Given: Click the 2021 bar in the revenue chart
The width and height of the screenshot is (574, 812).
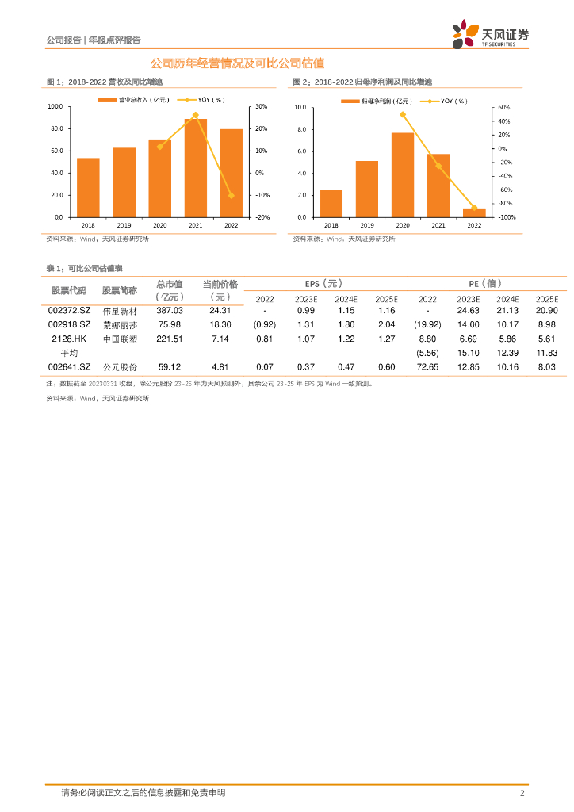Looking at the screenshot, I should (196, 168).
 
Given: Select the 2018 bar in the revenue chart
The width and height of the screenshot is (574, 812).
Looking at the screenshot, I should (88, 187).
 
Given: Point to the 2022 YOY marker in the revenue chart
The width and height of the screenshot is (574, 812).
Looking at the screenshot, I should (232, 195).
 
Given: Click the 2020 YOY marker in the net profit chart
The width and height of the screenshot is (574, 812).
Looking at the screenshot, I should (403, 114).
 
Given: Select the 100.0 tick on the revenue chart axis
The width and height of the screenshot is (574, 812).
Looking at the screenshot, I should (55, 106).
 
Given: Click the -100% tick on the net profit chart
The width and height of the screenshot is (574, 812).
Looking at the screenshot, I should (507, 217).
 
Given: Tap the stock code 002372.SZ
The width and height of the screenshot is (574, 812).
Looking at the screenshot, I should (70, 311).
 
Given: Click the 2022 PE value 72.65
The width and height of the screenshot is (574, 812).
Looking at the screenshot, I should (427, 367).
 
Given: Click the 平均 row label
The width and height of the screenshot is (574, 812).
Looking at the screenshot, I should (70, 353).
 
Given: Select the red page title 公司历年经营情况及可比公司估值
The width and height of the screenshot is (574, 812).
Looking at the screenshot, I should (237, 63).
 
